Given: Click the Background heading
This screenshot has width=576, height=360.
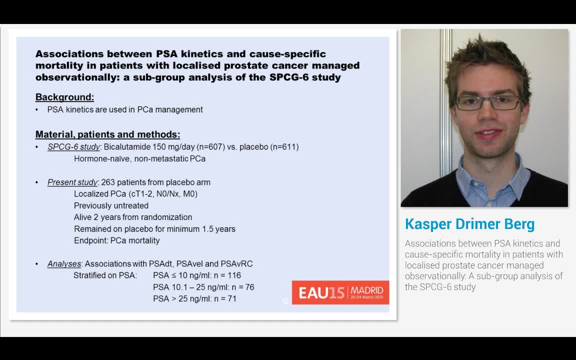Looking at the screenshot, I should pos(64,97).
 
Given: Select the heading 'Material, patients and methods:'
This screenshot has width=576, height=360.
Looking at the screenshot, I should pos(107,134).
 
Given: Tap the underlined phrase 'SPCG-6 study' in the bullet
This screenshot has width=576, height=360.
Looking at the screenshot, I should pos(73,147).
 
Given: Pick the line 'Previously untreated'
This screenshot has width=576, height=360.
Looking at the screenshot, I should pos(111,205).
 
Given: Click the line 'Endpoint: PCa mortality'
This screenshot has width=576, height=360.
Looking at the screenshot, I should pos(116,240).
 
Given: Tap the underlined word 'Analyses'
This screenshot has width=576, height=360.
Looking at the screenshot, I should pos(64,264).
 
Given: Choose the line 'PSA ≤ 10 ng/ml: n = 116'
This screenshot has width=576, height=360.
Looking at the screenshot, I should pos(196,275).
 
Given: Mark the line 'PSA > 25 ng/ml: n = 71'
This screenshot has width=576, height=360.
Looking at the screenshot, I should pos(194,298).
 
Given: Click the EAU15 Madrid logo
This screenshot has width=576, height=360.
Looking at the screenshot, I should pos(340,292).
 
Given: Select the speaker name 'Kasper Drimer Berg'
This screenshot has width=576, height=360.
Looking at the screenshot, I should pos(469,224).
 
